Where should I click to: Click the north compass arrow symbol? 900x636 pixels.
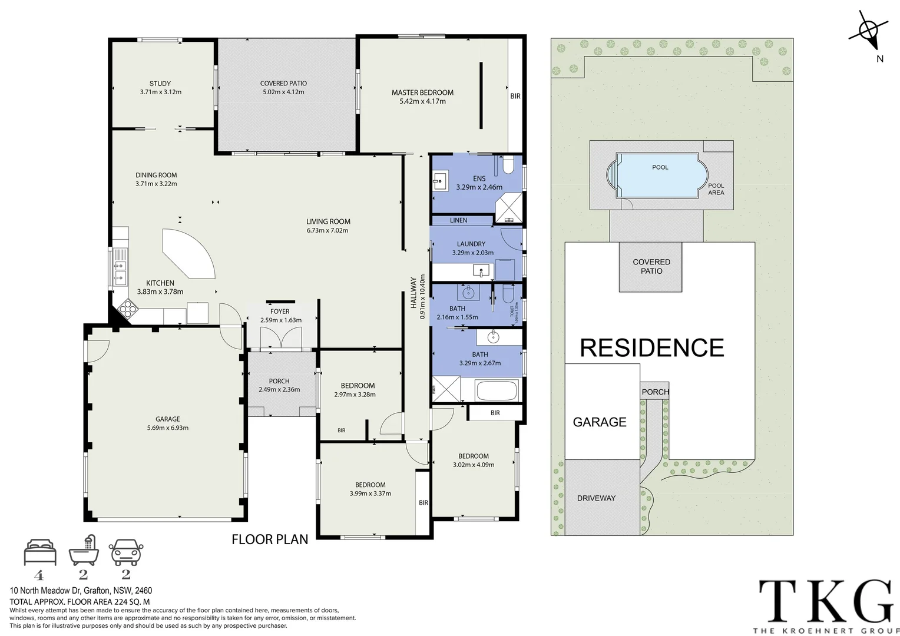click(x=869, y=32)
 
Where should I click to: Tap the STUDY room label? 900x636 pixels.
click(x=160, y=84)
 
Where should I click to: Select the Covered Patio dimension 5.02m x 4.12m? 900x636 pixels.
click(x=283, y=92)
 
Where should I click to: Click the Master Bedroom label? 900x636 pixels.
click(x=422, y=92)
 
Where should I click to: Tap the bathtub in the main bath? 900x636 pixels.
click(x=496, y=390)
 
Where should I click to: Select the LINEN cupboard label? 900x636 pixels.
click(x=458, y=220)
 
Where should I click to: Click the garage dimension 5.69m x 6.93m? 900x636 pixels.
click(x=168, y=428)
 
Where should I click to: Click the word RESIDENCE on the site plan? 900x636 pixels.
click(x=651, y=348)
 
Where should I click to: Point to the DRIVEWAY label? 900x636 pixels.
click(x=596, y=498)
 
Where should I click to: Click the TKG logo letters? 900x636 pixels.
click(x=825, y=601)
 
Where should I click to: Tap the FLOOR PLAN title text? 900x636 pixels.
click(x=270, y=539)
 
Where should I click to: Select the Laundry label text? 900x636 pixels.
click(x=471, y=244)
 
